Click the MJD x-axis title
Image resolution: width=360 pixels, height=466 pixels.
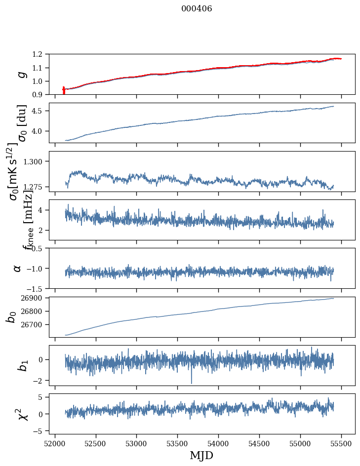coord(201,455)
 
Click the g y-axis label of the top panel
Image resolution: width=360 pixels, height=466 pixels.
coord(20,74)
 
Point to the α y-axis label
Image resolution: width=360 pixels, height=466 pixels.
coord(17,268)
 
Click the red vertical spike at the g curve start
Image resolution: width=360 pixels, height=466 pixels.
coord(64,91)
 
